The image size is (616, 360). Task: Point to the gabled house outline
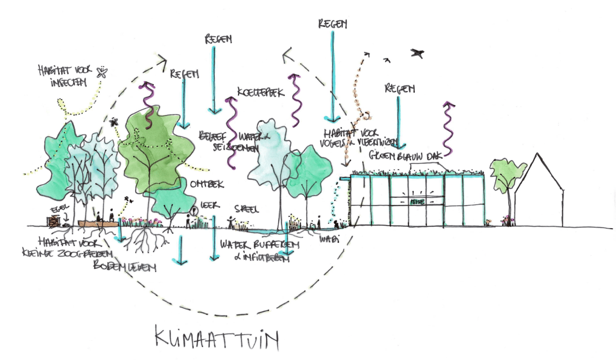(539, 189)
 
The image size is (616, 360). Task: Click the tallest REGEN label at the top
(332, 24)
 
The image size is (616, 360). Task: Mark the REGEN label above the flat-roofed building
(400, 88)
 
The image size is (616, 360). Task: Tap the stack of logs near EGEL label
(54, 221)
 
